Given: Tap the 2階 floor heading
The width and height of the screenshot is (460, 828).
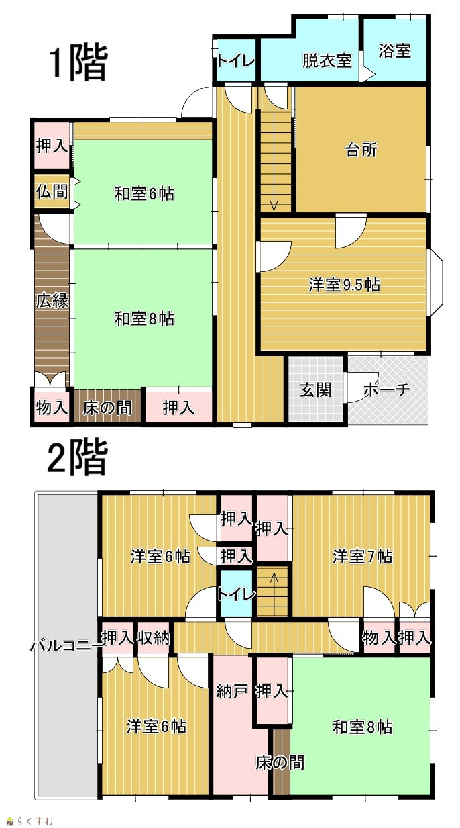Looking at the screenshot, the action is pyautogui.click(x=78, y=457).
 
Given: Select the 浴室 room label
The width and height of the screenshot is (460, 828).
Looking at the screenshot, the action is pyautogui.click(x=395, y=50).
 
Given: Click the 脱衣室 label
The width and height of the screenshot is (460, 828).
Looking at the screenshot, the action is pyautogui.click(x=327, y=60).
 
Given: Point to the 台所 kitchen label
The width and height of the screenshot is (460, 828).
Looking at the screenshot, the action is pyautogui.click(x=361, y=150).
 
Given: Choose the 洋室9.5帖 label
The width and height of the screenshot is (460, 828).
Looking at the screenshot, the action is pyautogui.click(x=345, y=285).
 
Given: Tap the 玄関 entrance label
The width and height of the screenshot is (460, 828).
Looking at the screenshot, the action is pyautogui.click(x=316, y=389).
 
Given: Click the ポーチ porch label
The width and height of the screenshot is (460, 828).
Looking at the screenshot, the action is pyautogui.click(x=386, y=389).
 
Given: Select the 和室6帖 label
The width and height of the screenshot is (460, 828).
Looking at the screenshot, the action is pyautogui.click(x=144, y=193).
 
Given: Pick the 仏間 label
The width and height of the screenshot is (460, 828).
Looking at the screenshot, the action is pyautogui.click(x=52, y=191).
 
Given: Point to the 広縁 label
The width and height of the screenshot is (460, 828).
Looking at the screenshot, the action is pyautogui.click(x=52, y=300).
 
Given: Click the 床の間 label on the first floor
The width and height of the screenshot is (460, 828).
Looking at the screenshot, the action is pyautogui.click(x=107, y=408).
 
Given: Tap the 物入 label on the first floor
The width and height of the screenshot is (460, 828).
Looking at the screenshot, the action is pyautogui.click(x=52, y=408).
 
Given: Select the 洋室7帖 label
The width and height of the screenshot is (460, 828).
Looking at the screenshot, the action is pyautogui.click(x=363, y=556).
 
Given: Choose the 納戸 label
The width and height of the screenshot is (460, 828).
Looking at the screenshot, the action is pyautogui.click(x=232, y=690).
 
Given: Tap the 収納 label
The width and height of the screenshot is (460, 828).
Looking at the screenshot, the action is pyautogui.click(x=154, y=637).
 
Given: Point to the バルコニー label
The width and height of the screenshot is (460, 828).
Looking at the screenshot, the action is pyautogui.click(x=66, y=645).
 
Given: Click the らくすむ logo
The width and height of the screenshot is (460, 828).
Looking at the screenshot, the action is pyautogui.click(x=30, y=821).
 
